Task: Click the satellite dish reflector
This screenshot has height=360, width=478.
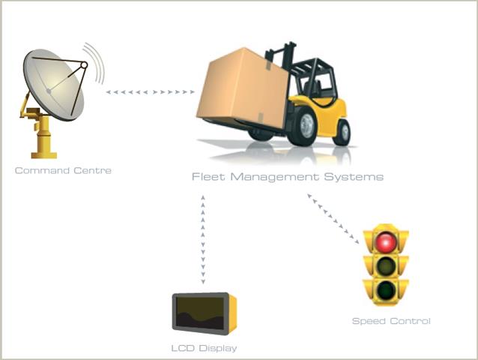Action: [x=52, y=82]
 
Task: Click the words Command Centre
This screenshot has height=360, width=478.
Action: [x=63, y=171]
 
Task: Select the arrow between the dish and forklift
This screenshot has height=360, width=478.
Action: [x=151, y=92]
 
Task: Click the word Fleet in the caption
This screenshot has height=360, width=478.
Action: [x=207, y=177]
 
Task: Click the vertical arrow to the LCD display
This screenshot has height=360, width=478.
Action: [x=203, y=240]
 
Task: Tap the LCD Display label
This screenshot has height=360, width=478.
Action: [x=204, y=348]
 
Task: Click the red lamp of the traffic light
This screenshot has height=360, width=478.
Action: [x=386, y=242]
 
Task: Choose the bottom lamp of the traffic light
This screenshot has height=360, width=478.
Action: [x=386, y=290]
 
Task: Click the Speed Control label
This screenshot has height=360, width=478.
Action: [x=391, y=321]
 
